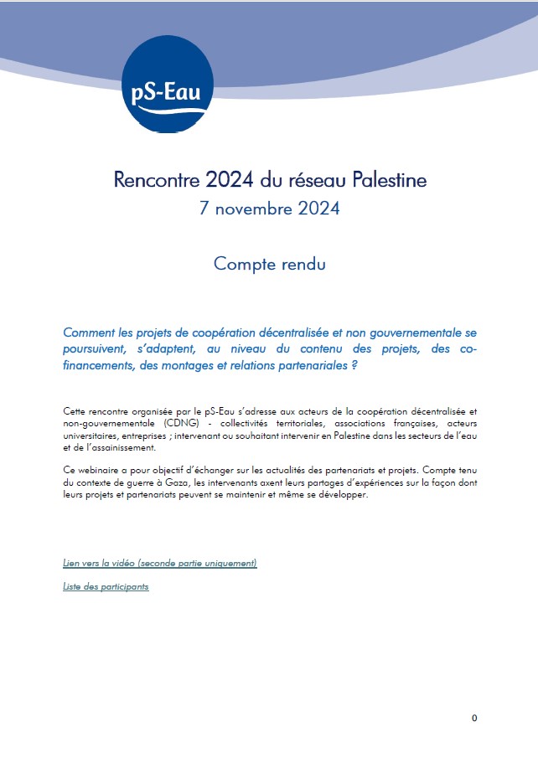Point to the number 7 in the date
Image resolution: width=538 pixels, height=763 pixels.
tap(204, 209)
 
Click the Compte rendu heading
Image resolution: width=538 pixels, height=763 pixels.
tap(269, 263)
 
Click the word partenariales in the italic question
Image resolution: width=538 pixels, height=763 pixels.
tap(303, 366)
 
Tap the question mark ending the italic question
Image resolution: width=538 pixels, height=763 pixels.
tap(354, 366)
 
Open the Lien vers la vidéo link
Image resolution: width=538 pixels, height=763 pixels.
tap(160, 563)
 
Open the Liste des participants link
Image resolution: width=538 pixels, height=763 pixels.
tap(106, 586)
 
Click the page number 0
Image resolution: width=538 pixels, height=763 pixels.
tap(474, 718)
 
